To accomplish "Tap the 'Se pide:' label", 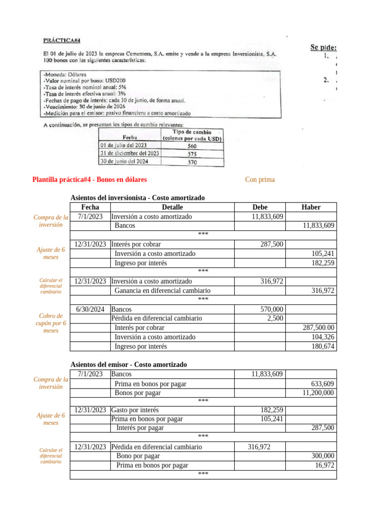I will (x=323, y=47).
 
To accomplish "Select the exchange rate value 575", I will (x=192, y=153).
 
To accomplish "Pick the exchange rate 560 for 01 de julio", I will (x=192, y=145).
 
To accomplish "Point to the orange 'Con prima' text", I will (x=260, y=179).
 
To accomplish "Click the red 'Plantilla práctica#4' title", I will (x=90, y=179).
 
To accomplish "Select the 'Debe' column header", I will (x=260, y=207).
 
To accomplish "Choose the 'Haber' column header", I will (x=310, y=207).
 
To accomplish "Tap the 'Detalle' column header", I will (x=172, y=207).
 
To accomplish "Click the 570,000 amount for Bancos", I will (x=271, y=309).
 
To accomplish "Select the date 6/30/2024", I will (x=90, y=309).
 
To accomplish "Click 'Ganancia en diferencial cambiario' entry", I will (x=163, y=291).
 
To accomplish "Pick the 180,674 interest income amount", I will (x=322, y=347).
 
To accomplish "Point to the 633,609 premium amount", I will (x=322, y=384).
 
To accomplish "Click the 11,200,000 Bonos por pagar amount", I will (x=318, y=393).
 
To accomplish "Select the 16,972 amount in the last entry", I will (x=325, y=466).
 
